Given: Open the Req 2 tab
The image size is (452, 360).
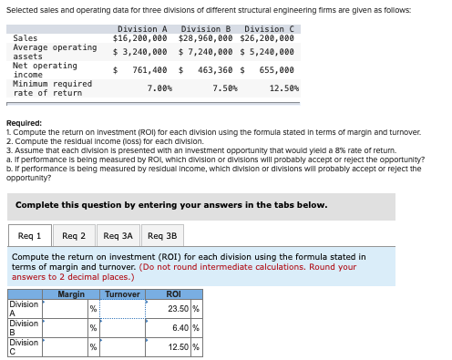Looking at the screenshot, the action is (74, 236).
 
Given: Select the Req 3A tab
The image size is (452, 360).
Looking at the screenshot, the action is (118, 236).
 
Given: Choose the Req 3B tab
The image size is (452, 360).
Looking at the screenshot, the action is (162, 236).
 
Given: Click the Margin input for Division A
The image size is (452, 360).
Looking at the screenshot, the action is (65, 308).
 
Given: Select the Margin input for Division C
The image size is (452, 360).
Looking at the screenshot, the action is (65, 347).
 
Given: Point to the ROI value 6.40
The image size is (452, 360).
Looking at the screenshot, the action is (184, 327).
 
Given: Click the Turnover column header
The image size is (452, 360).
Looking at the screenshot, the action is (122, 294).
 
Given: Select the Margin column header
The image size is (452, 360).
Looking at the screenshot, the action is (71, 294).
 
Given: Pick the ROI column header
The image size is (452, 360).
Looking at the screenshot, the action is (173, 294).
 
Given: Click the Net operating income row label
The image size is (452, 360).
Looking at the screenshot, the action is (45, 69).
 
